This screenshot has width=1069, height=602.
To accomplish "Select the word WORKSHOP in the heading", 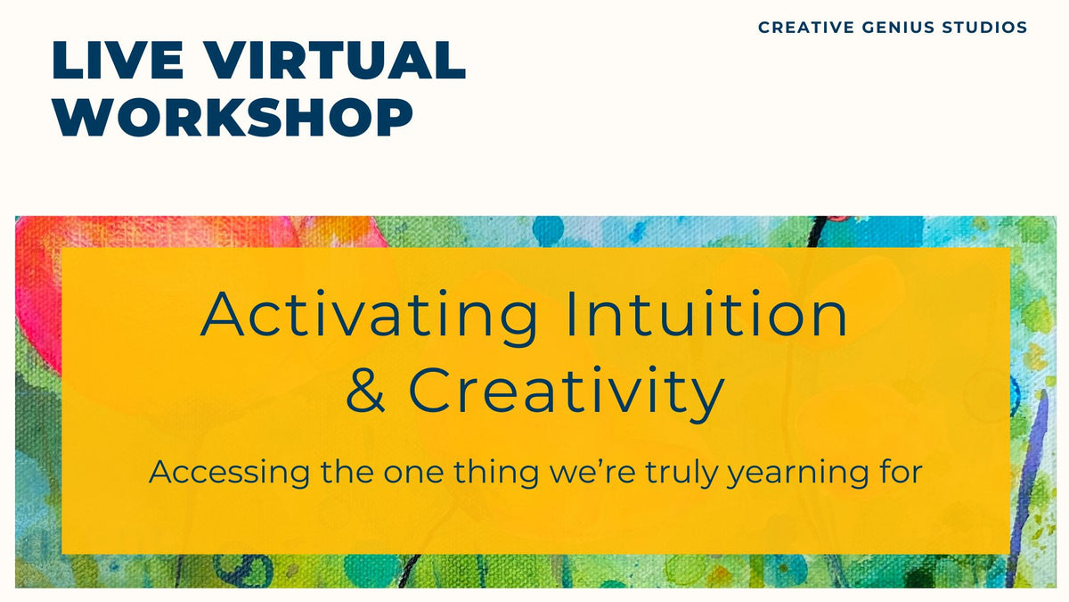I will tap(233, 117).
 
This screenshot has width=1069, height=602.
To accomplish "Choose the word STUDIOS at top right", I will tap(985, 28).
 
